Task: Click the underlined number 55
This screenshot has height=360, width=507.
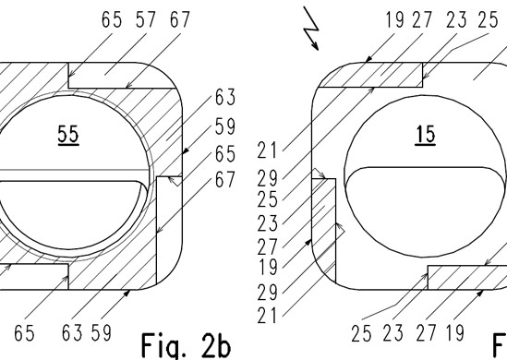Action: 68,135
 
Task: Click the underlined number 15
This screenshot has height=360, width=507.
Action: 425,135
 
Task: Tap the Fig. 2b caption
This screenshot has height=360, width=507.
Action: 186,346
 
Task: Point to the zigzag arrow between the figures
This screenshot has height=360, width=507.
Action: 311,29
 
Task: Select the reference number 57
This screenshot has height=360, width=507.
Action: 146,19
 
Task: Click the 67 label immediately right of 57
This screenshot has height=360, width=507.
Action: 180,19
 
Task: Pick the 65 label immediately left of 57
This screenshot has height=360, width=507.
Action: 112,19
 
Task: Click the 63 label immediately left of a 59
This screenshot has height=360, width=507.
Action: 72,333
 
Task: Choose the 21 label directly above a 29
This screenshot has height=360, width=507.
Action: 267,150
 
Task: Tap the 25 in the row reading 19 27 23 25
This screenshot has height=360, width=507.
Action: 488,19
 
